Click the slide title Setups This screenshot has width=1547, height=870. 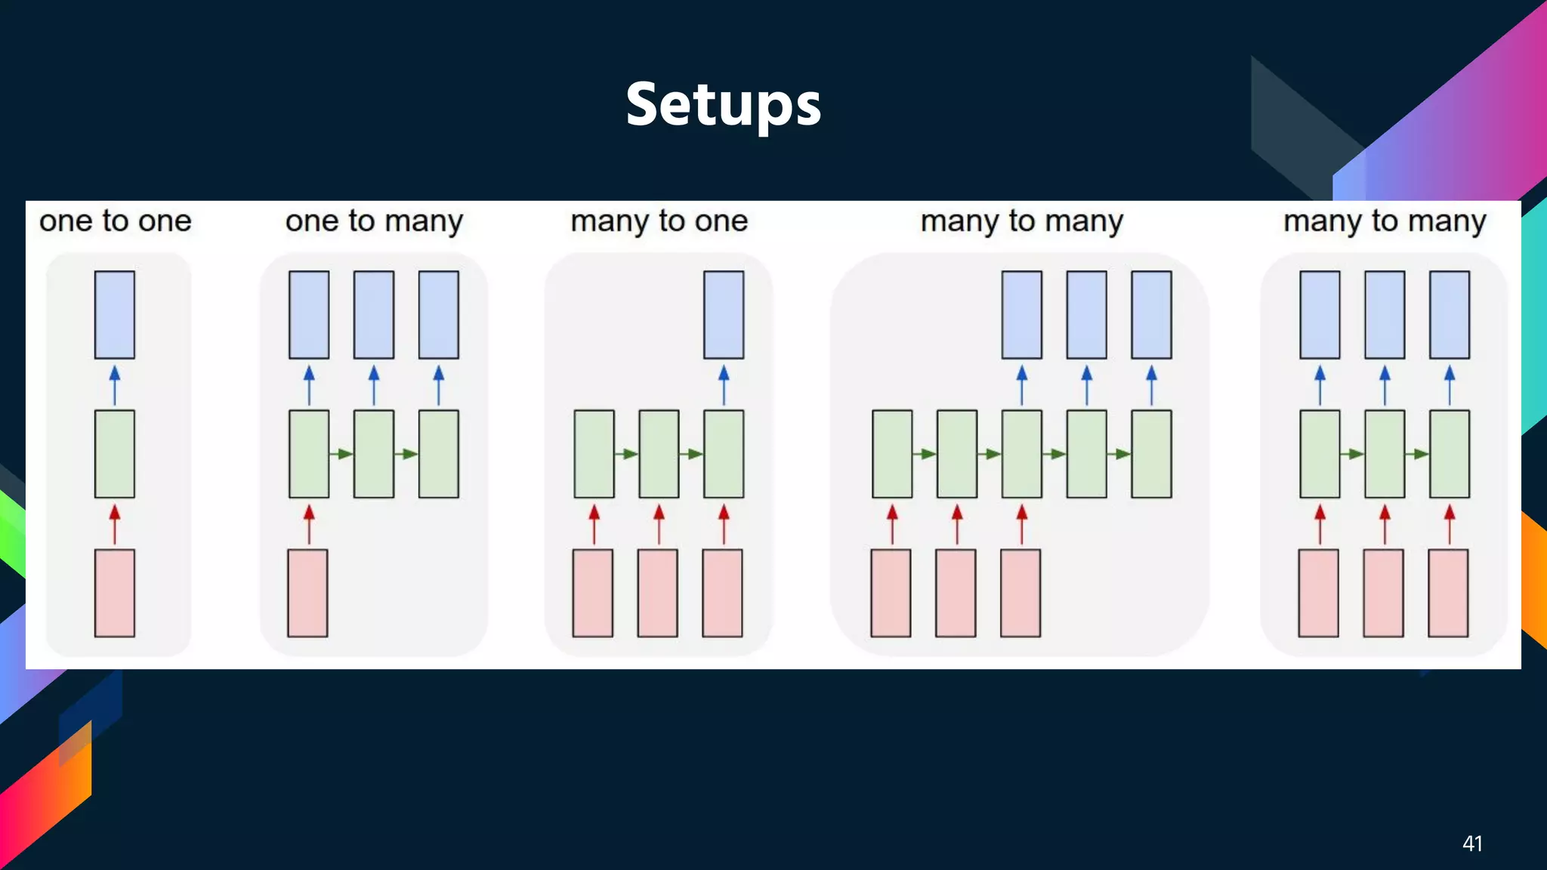(x=723, y=104)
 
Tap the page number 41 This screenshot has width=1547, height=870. (x=1471, y=844)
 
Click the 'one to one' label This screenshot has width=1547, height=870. (x=115, y=221)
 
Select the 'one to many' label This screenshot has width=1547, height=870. (x=374, y=221)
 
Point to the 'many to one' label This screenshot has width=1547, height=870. (x=659, y=221)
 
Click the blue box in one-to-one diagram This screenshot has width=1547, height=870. (x=115, y=314)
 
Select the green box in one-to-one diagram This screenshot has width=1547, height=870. (x=115, y=454)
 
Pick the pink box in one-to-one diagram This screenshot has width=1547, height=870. (x=115, y=593)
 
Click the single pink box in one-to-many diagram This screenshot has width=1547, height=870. (x=307, y=593)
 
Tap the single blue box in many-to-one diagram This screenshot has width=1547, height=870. (x=724, y=314)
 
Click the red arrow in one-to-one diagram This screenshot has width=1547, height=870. (x=115, y=524)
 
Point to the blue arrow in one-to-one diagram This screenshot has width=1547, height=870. (x=115, y=384)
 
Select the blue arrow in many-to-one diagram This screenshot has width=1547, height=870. (x=724, y=384)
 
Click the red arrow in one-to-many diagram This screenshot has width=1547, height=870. (x=309, y=524)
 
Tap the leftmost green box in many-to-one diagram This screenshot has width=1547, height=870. (x=594, y=454)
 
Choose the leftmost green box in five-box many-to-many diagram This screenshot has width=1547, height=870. (x=892, y=454)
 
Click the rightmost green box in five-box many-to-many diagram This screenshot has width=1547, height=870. (x=1151, y=454)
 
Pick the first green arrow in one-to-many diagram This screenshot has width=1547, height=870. (x=341, y=454)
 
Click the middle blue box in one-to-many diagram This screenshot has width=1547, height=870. (x=374, y=314)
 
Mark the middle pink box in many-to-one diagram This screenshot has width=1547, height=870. (x=657, y=593)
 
